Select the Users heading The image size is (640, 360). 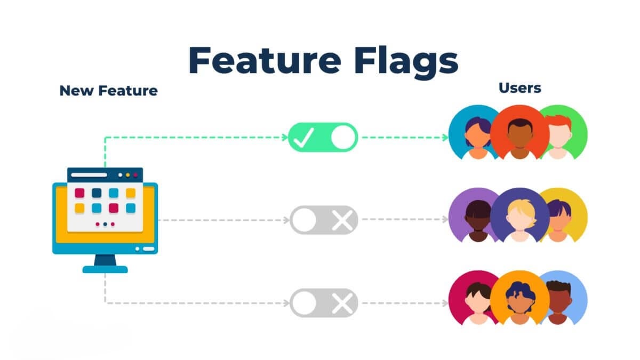[x=519, y=88]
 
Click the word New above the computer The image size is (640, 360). [x=73, y=91]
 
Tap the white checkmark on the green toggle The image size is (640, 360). [x=303, y=138]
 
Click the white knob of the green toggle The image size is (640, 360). [x=342, y=138]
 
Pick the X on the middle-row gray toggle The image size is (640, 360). [x=341, y=220]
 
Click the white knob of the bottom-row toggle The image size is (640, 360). [x=304, y=303]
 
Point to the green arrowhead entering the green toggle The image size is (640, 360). [x=284, y=138]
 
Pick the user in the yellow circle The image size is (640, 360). [x=560, y=216]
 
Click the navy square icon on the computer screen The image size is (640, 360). [x=97, y=193]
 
